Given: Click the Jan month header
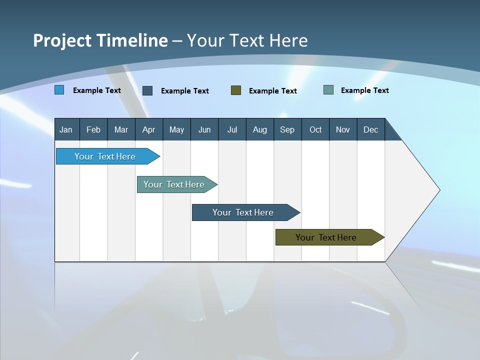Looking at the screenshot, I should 66,129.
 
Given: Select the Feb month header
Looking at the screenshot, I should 93,129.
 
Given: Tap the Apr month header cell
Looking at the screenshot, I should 148,129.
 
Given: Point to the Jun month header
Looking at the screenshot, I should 204,129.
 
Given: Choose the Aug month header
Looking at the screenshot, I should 259,129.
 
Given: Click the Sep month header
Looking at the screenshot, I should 287,129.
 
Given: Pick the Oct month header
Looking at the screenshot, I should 315,129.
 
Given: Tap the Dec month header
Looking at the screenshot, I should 370,129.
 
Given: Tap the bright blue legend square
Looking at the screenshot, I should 59,90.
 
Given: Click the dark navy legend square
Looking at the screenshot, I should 147,90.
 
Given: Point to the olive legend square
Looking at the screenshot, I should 236,90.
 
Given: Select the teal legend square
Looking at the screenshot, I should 328,90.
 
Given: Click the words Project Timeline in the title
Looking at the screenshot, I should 100,40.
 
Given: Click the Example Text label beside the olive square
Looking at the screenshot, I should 272,91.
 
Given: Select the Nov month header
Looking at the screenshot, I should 343,129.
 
